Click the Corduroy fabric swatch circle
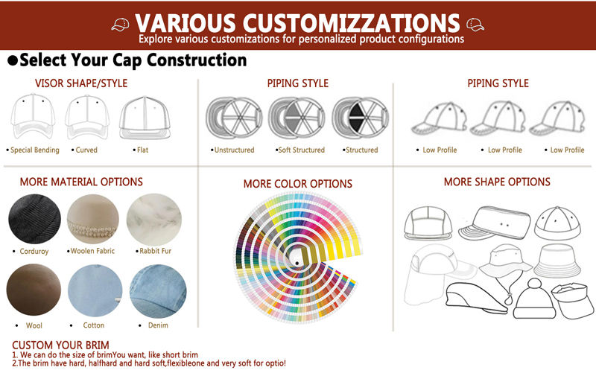click(x=34, y=218)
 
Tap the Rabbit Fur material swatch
click(x=154, y=219)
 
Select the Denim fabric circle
click(x=158, y=291)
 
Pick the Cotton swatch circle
click(x=95, y=290)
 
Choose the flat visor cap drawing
click(x=145, y=118)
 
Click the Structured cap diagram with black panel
click(x=361, y=118)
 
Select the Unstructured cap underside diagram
click(x=234, y=118)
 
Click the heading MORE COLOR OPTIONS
click(x=298, y=184)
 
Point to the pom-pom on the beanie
click(x=535, y=284)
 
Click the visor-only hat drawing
click(x=572, y=299)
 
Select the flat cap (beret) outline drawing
click(x=477, y=298)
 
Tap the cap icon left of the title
click(x=120, y=25)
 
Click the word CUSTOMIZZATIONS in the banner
click(x=352, y=23)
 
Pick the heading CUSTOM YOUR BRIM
click(x=61, y=345)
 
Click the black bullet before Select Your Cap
click(x=13, y=60)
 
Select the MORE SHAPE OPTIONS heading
click(x=497, y=182)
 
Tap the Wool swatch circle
click(x=34, y=290)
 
